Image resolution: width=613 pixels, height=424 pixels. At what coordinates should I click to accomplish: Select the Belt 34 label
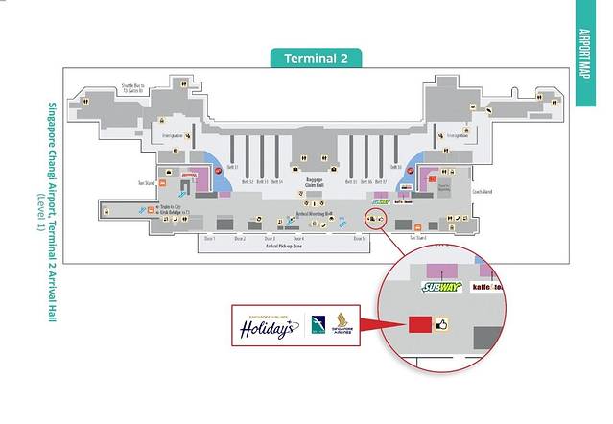coord(276,181)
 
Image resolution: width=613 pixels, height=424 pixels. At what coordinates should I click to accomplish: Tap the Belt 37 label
coord(382,181)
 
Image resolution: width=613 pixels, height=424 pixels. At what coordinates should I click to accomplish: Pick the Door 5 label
coord(358,238)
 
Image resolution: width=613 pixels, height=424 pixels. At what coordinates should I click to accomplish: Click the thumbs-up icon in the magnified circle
coord(443,325)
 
